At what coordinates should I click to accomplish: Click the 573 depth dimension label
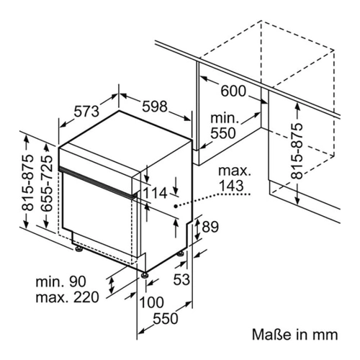click(86, 112)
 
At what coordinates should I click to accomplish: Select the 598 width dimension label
click(155, 107)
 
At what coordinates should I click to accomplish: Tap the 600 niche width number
click(233, 91)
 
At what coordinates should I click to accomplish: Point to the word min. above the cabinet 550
click(224, 118)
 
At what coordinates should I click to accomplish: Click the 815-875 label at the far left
click(27, 183)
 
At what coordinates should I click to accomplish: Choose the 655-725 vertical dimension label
click(46, 183)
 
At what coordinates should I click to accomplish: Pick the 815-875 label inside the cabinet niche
click(296, 151)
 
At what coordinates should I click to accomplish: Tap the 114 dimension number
click(155, 193)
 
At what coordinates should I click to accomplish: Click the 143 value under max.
click(231, 186)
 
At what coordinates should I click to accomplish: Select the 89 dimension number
click(210, 227)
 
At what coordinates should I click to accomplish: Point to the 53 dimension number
click(181, 279)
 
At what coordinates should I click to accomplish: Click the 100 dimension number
click(151, 302)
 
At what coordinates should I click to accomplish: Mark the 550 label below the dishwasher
click(166, 319)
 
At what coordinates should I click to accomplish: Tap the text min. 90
click(60, 282)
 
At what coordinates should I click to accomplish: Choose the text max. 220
click(67, 297)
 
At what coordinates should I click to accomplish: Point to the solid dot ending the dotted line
click(176, 206)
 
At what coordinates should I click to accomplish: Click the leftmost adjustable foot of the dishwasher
click(78, 249)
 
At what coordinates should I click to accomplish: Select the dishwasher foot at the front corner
click(144, 275)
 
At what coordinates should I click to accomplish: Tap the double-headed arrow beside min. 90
click(111, 286)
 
